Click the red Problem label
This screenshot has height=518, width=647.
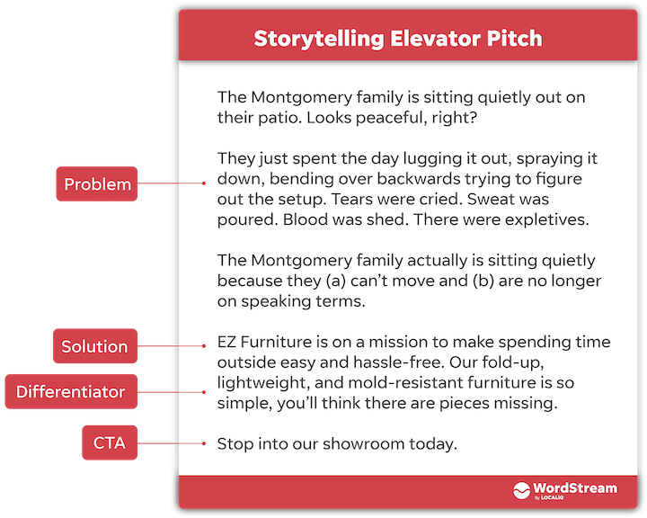point(97,184)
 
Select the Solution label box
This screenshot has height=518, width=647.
point(94,346)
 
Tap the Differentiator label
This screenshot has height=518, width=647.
point(71,392)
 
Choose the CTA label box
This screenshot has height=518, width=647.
point(110,443)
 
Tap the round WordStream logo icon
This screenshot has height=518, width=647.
point(523,490)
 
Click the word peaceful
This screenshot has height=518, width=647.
point(403,118)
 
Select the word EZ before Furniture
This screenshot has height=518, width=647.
point(228,342)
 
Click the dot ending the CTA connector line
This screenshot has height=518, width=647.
point(206,443)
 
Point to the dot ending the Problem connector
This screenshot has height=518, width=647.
point(206,184)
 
